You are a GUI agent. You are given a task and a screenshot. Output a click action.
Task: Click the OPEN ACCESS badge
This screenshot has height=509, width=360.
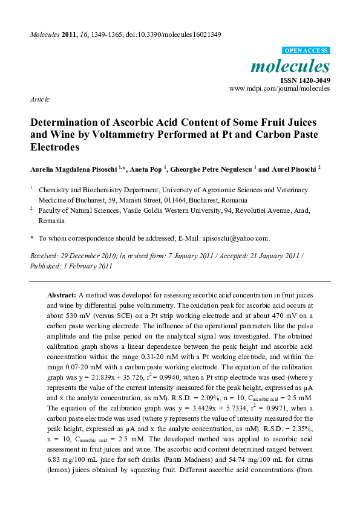pos(306,51)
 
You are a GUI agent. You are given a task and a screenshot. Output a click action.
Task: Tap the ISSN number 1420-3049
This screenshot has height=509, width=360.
pos(315,80)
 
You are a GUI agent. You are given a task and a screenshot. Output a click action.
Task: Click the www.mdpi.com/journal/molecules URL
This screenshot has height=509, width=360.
pos(280,88)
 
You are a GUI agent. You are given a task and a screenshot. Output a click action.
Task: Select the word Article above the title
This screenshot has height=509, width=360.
pos(40,99)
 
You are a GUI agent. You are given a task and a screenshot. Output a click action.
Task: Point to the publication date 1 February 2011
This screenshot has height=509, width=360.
pos(87,265)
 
